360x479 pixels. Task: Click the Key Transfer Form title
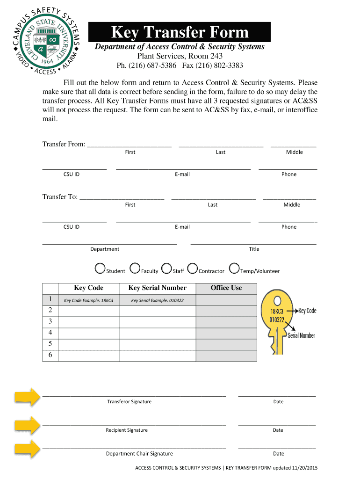(x=180, y=32)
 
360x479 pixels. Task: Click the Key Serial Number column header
(x=157, y=288)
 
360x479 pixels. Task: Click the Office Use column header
(x=226, y=288)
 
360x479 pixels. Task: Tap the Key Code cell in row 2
(x=88, y=311)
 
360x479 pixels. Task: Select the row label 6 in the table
(x=50, y=356)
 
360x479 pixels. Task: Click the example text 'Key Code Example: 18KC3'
(x=88, y=300)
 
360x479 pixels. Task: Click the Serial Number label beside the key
(x=301, y=335)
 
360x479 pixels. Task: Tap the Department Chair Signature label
(x=139, y=454)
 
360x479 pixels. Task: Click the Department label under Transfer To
(x=105, y=249)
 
